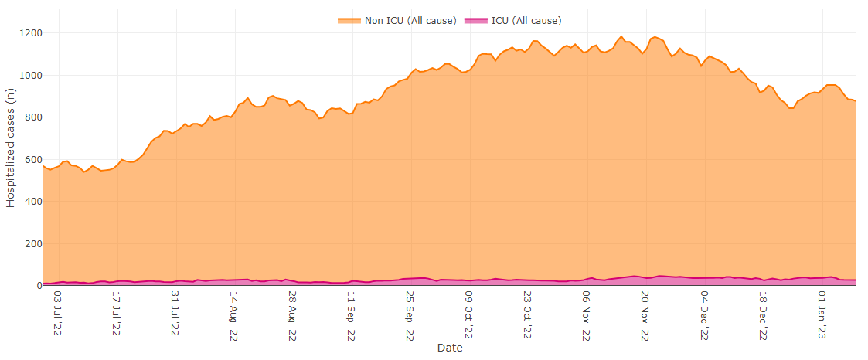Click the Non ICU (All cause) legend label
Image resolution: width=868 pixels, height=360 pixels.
click(410, 20)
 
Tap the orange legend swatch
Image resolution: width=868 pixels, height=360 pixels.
click(349, 20)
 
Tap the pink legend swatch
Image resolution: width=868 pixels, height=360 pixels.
click(475, 20)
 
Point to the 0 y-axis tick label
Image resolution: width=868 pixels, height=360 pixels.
click(36, 286)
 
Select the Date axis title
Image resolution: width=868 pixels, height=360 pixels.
click(450, 348)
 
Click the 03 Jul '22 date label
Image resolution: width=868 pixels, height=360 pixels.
click(58, 314)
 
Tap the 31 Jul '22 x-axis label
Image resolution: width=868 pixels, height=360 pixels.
click(175, 314)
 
